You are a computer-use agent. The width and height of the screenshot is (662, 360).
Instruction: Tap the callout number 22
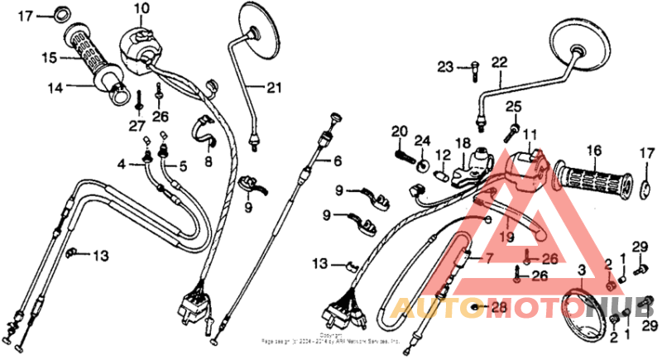499,61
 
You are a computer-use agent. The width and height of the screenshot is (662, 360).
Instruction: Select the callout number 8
209,161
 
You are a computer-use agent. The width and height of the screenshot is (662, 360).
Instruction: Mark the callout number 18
462,142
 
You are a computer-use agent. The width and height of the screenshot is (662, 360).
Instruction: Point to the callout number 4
120,164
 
